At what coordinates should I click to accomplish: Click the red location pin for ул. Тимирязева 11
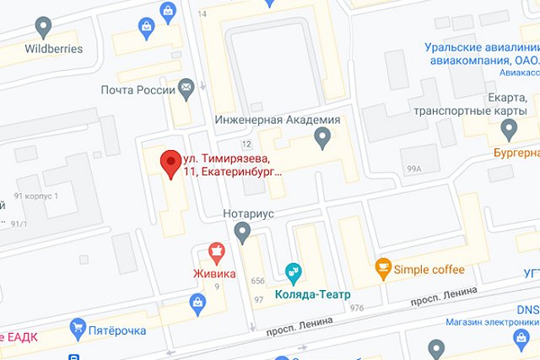171,161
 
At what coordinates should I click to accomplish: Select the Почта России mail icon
186,88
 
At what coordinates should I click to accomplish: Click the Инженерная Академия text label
278,120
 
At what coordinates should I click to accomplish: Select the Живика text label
213,274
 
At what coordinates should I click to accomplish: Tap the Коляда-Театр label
313,293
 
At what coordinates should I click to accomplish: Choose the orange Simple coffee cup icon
383,269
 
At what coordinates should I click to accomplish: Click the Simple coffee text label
431,269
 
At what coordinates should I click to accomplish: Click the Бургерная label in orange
516,153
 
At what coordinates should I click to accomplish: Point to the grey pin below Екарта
508,129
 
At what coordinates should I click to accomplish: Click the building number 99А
413,169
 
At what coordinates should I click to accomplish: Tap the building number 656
257,281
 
